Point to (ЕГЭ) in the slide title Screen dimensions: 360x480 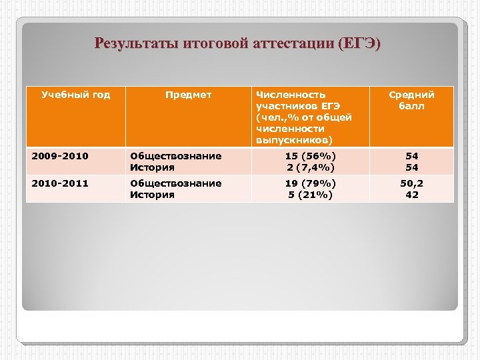coord(359,45)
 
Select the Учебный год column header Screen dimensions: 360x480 coord(76,95)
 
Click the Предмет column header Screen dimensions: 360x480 coord(189,95)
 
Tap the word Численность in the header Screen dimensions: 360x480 coord(291,95)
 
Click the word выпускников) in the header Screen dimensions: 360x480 coord(294,139)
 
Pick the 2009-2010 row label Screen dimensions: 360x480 coord(61,156)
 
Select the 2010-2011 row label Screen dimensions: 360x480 coord(61,183)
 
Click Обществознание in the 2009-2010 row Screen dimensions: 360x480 coord(176,156)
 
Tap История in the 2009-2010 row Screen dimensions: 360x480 coord(153,167)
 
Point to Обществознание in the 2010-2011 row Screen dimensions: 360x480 coord(176,183)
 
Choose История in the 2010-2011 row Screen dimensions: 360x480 coord(153,194)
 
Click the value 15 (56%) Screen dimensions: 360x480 coord(311,156)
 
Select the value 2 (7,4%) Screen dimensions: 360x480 coord(311,167)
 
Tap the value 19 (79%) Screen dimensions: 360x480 coord(311,183)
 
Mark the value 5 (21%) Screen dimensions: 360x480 coord(311,194)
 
